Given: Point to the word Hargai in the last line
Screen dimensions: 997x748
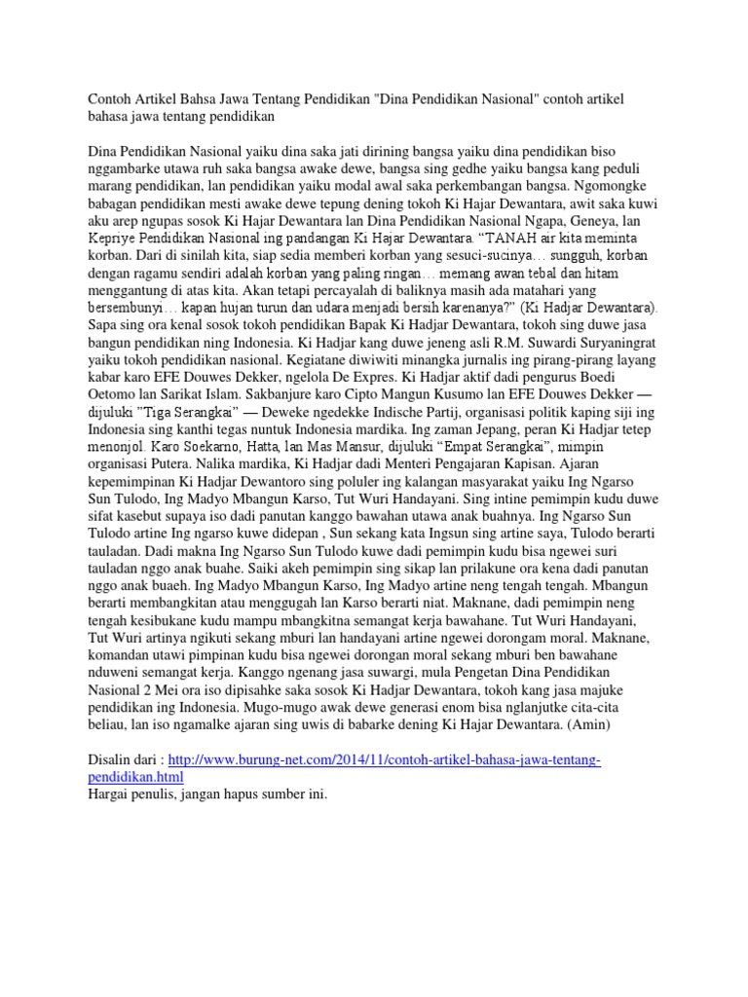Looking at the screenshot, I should (110, 795).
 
